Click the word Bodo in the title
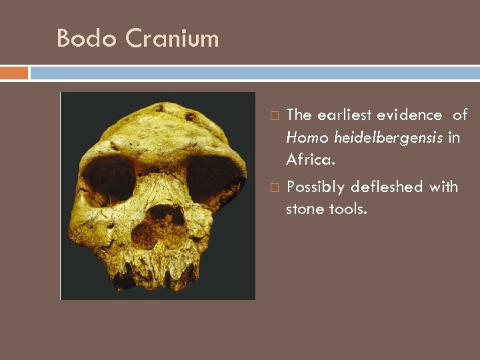[x=81, y=38]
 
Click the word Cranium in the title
[x=171, y=38]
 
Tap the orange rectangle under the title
[x=14, y=72]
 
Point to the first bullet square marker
[x=274, y=116]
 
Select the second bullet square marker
[x=274, y=188]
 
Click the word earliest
[x=345, y=115]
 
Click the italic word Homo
[x=307, y=137]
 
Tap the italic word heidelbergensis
[x=389, y=138]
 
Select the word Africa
[x=309, y=160]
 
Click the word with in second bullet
[x=443, y=187]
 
